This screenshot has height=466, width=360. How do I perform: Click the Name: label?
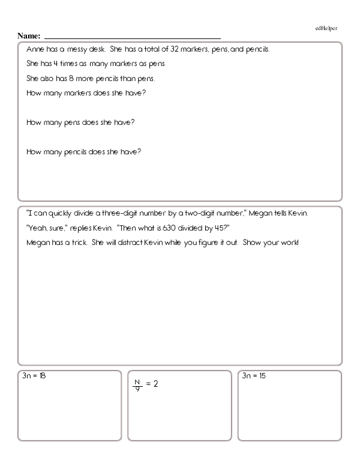[29, 36]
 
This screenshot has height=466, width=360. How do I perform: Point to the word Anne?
[35, 49]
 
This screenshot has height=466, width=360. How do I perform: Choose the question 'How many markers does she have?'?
[87, 92]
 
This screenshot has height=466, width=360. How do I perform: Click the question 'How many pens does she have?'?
[81, 122]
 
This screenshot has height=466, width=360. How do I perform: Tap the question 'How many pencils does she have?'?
[84, 151]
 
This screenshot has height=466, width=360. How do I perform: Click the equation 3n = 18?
[34, 376]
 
